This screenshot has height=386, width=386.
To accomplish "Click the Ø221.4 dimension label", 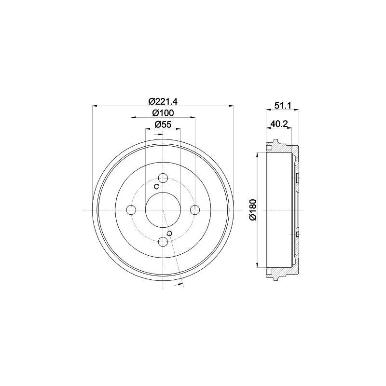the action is pyautogui.click(x=163, y=101).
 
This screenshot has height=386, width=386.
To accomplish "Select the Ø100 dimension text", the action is pyautogui.click(x=163, y=113).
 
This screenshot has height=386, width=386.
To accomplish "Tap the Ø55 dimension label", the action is pyautogui.click(x=163, y=124).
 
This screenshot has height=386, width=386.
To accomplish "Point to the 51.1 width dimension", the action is pyautogui.click(x=283, y=106).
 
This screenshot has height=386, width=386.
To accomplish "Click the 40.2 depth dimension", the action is pyautogui.click(x=279, y=124).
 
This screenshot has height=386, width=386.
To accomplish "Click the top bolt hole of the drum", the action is pyautogui.click(x=163, y=178).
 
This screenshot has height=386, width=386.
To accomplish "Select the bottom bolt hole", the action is pyautogui.click(x=163, y=242).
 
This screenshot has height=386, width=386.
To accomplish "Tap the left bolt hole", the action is pyautogui.click(x=131, y=210).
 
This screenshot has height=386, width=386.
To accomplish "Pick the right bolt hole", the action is pyautogui.click(x=195, y=210).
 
